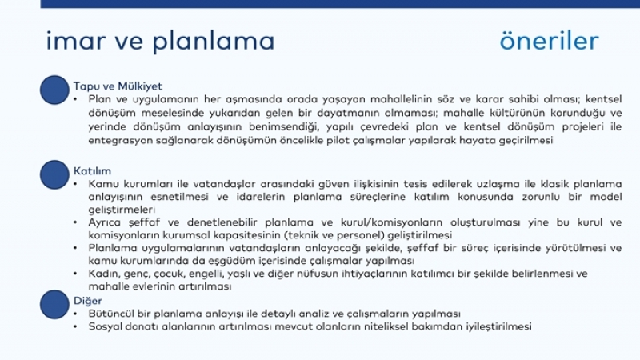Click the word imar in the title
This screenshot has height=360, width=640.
[76, 41]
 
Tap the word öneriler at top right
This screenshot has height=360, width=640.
[549, 41]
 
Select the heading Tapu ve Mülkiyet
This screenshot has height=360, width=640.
[118, 86]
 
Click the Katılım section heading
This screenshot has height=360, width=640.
[92, 170]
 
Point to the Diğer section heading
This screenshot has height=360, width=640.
[88, 301]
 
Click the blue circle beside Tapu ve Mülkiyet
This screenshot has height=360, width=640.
[54, 90]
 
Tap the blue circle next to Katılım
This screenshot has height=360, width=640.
[54, 174]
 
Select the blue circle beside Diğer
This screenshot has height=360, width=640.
[54, 305]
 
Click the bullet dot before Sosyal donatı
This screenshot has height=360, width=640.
[75, 326]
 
